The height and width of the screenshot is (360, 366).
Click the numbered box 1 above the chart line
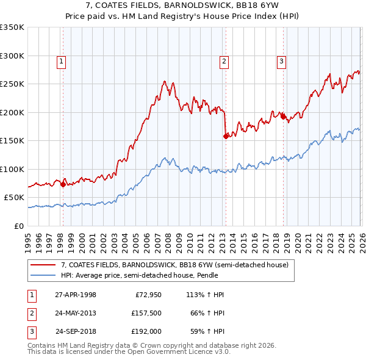tap(62, 60)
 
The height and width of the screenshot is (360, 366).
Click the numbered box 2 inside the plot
tap(224, 60)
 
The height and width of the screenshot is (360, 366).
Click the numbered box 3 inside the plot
tap(281, 60)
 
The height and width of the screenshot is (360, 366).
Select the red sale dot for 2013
tap(225, 136)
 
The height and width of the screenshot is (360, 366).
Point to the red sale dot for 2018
tap(283, 117)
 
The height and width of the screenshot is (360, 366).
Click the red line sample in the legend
tap(43, 265)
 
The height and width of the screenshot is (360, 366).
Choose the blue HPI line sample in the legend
tap(43, 275)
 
